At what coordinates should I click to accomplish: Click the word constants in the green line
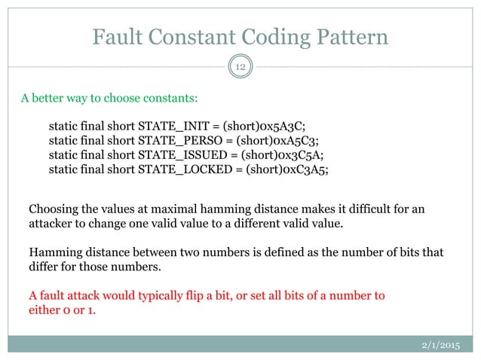coord(174,97)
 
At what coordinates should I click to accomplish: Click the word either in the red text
coord(44,309)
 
